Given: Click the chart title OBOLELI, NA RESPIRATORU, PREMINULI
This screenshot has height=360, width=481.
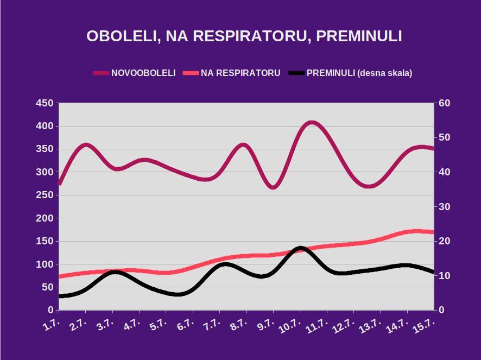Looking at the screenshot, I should click(244, 36).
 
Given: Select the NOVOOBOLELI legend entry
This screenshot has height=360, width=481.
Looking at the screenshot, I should click(143, 73).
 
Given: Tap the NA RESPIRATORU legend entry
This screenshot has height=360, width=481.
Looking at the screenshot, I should click(240, 73).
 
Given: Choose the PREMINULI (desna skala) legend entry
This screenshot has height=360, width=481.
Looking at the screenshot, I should click(359, 73).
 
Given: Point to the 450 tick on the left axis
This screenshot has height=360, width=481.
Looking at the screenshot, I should click(45, 103).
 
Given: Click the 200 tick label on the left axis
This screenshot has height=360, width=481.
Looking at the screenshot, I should click(45, 218).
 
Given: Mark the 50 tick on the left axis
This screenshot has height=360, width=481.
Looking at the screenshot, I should click(47, 287).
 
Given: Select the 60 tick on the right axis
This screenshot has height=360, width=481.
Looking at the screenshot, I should click(445, 103).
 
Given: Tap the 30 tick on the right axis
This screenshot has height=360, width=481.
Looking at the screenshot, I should click(445, 207).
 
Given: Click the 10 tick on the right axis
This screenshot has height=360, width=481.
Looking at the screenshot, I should click(445, 276).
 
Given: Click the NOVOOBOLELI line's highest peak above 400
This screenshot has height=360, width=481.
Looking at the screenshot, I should click(311, 123).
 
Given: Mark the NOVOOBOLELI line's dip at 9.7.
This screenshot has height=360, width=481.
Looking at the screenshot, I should click(274, 187).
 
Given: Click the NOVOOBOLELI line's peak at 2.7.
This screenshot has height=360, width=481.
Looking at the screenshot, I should click(86, 145).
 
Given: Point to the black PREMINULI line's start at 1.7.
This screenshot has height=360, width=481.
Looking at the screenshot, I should click(60, 296).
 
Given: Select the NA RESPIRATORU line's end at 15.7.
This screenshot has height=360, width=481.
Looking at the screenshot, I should click(433, 232).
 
